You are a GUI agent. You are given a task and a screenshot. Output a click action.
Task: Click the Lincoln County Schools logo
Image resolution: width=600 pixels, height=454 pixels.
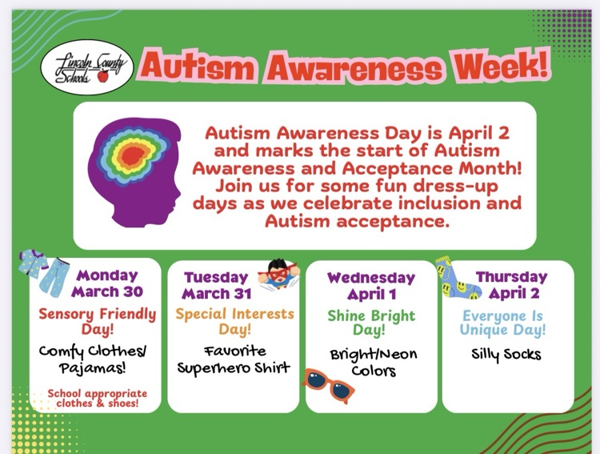pos(87,67)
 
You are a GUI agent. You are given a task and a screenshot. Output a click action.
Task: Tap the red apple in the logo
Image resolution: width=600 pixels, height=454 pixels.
pos(102,77)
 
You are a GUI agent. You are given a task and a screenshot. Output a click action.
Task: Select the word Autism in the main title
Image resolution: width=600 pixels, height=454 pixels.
pos(198,66)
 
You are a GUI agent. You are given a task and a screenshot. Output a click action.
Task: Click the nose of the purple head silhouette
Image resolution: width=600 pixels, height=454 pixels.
pos(178,195)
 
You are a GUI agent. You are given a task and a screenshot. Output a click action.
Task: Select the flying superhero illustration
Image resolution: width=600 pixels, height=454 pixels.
pos(278,275)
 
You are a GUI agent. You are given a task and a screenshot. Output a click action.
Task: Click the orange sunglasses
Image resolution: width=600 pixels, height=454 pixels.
pos(329,385)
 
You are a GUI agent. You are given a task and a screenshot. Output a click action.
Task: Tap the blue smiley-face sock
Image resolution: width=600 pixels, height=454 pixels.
pos(457,279)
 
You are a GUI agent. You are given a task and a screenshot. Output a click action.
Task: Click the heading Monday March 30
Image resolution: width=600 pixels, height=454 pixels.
pos(106,283)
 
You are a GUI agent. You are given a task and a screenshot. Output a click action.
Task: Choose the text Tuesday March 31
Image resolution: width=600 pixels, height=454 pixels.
pos(216,285)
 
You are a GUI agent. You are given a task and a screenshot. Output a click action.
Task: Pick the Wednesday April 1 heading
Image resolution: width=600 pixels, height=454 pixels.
pos(371,286)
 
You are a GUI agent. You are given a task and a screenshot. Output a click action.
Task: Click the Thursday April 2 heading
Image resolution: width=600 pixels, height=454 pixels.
pos(512,285)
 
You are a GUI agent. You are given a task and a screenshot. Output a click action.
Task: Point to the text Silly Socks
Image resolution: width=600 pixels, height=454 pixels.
pos(506,354)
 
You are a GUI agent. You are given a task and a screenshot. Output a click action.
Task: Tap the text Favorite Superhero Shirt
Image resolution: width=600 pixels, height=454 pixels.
pos(234,360)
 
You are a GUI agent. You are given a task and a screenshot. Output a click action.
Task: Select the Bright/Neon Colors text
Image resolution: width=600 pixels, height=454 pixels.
pos(374,363)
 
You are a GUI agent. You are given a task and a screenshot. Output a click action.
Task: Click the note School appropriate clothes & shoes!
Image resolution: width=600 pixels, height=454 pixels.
pos(97,399)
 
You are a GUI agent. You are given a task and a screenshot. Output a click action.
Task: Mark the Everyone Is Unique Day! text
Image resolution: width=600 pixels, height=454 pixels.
pos(503,323)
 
